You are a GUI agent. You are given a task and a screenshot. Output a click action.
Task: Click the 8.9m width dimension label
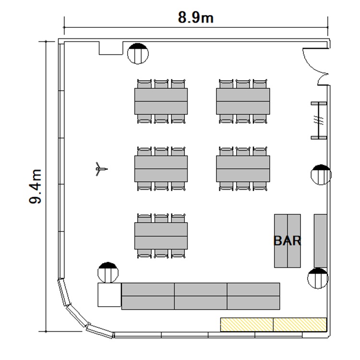point(196,17)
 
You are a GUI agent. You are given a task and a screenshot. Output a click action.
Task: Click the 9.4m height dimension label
point(35,186)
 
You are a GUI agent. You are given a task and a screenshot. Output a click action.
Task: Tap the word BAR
point(287,241)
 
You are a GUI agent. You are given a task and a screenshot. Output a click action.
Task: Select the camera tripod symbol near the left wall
point(101,169)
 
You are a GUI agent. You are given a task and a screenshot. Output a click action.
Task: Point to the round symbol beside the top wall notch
point(138,53)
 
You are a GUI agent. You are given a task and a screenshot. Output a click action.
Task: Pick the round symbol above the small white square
point(108,273)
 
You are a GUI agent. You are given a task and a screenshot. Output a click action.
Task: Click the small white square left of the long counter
point(109,295)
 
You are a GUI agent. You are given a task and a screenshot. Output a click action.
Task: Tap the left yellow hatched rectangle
point(247,324)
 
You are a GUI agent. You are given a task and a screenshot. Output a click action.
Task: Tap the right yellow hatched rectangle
point(300,324)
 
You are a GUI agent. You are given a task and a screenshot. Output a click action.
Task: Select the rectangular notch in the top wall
point(111,48)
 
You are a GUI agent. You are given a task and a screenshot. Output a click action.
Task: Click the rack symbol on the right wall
point(319,121)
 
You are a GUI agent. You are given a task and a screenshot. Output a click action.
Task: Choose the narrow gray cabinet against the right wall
point(320,241)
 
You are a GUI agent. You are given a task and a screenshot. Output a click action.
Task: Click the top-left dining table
point(161,101)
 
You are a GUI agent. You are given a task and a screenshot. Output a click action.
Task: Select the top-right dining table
point(243,101)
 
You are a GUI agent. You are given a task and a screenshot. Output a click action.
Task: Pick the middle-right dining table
point(243,169)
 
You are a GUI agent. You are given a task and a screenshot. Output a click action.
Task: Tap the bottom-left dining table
point(161,236)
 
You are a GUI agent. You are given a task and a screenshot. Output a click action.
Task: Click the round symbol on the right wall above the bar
point(321,175)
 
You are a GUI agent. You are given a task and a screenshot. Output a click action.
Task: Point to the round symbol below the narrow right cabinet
point(318,278)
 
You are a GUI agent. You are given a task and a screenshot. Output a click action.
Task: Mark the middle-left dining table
point(161,169)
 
